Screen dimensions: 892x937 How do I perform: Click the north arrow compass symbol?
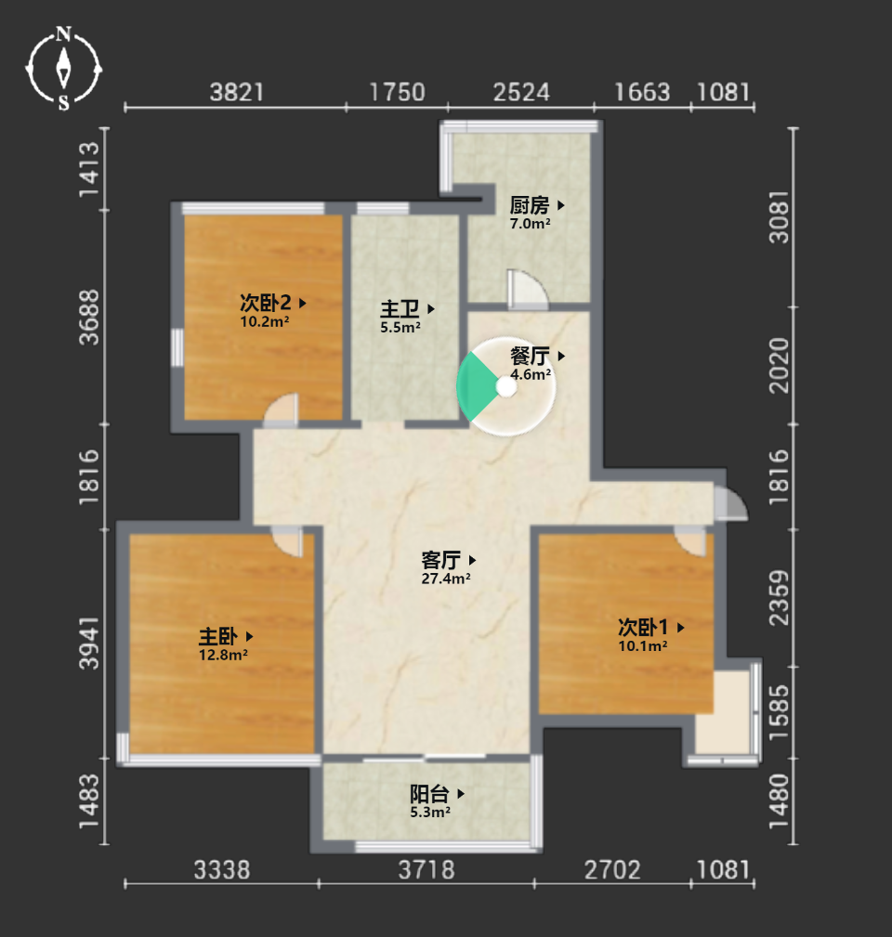tap(63, 69)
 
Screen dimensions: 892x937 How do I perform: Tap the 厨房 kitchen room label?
tap(529, 205)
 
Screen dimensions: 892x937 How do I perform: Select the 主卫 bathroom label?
tap(400, 309)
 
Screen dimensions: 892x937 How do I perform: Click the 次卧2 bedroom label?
tap(266, 303)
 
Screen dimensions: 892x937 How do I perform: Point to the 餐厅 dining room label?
tap(530, 357)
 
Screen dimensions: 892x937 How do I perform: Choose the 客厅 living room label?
tap(440, 561)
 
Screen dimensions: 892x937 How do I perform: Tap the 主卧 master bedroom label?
tap(218, 636)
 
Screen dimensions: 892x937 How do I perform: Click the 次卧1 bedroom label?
tap(643, 628)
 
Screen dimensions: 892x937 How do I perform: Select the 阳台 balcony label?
tap(429, 794)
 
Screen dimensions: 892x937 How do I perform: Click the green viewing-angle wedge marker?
tap(477, 387)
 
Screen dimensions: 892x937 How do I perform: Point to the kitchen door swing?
tap(527, 289)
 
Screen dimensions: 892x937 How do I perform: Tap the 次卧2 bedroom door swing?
tap(281, 410)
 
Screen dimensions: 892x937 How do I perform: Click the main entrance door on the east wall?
tap(730, 503)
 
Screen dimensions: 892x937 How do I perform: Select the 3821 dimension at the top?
tap(237, 93)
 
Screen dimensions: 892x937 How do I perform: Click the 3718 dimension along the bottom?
tap(426, 870)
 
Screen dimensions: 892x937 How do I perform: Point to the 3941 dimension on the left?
tap(89, 643)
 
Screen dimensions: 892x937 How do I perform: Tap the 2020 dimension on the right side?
tap(779, 365)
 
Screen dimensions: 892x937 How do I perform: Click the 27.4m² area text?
tap(445, 579)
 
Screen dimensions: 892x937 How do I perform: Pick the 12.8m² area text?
tap(223, 655)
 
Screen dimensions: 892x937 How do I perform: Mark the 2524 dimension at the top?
tap(521, 93)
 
